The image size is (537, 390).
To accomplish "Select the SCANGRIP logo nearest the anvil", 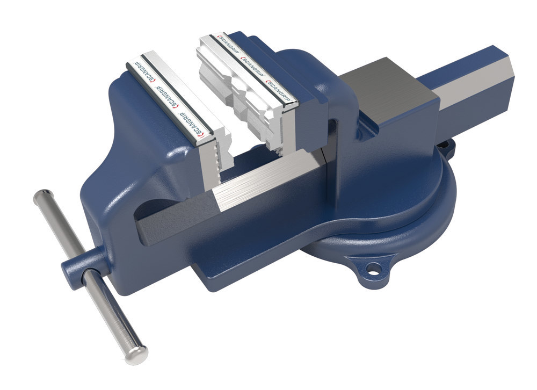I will (x=279, y=85).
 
